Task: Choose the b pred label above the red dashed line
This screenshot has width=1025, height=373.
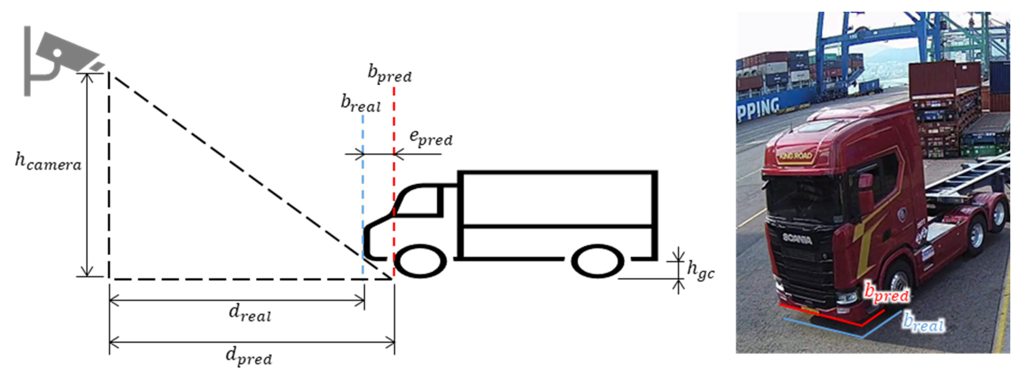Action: pos(389,74)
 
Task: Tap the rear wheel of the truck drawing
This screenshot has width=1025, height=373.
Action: pos(597,261)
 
